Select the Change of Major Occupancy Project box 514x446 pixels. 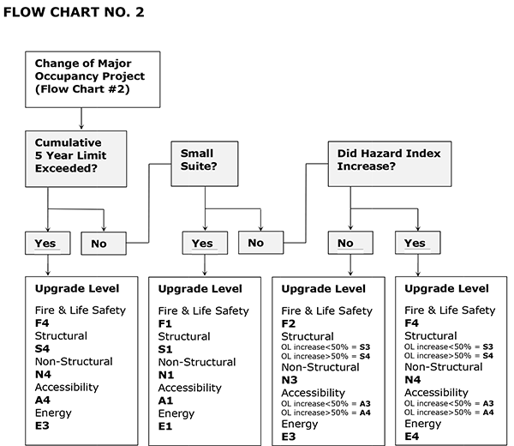tap(92, 80)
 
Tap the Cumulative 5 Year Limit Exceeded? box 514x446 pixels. tap(80, 157)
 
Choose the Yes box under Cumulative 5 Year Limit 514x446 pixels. tap(47, 244)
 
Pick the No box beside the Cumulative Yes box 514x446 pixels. tap(104, 244)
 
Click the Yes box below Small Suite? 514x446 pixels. tap(204, 244)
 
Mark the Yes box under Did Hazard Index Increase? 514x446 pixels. tap(417, 244)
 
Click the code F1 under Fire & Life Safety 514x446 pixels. tap(165, 324)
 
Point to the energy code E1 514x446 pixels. tap(165, 426)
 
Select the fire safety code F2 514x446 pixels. tap(289, 324)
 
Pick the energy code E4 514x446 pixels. tap(412, 437)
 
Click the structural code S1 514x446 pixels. tap(165, 350)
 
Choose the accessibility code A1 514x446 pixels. tap(165, 401)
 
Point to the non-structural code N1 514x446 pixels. tap(165, 375)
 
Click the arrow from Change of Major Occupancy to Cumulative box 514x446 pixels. tap(81, 118)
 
